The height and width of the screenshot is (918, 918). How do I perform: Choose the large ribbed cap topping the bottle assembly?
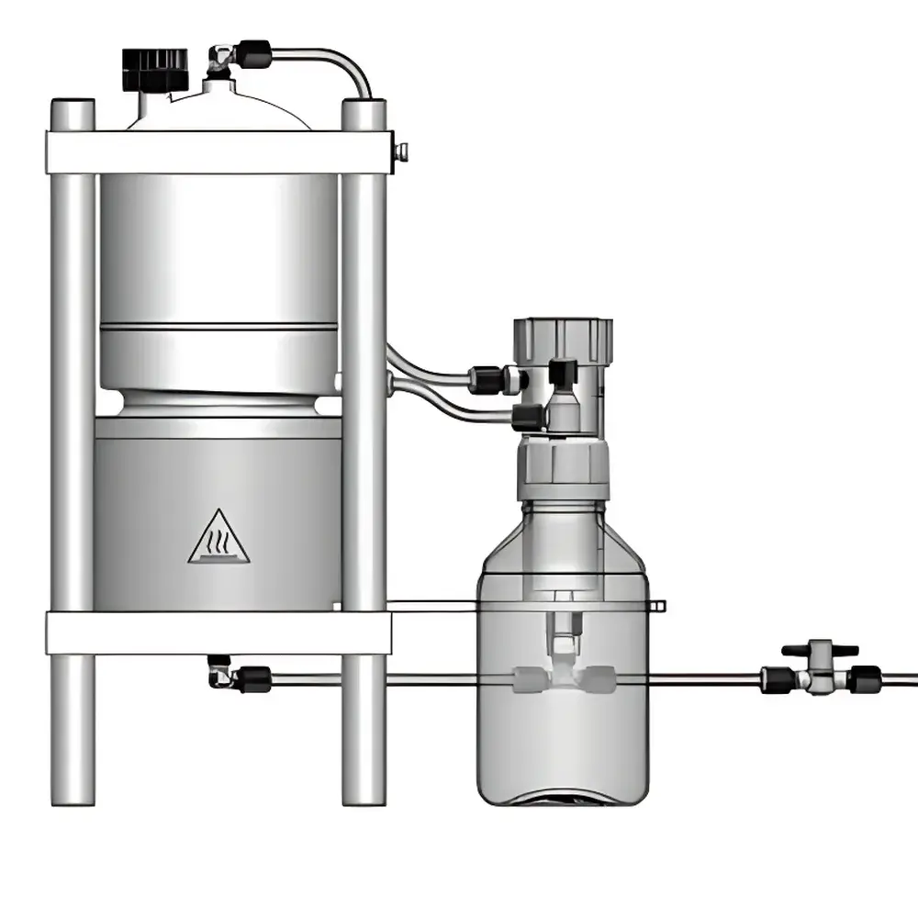point(562,337)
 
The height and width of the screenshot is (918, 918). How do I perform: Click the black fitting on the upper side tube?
point(485,378)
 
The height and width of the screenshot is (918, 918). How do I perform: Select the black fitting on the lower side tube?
point(528,418)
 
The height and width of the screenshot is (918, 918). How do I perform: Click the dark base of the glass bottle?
point(563,797)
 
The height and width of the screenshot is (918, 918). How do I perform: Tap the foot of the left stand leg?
point(73,789)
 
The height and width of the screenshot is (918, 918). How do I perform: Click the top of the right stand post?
point(364,112)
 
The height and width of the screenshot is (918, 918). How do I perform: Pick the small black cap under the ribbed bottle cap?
point(562,372)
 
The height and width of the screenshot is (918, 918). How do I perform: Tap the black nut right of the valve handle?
point(863,679)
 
